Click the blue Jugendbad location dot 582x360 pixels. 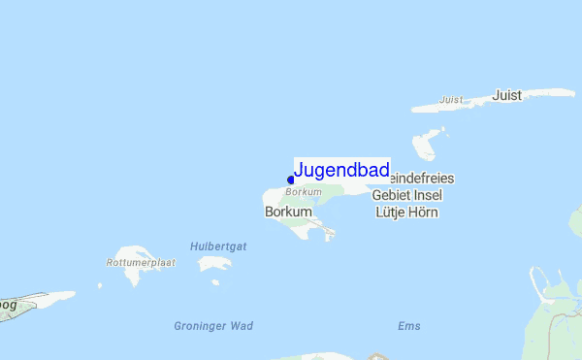(291, 179)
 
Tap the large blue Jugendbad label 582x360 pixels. (341, 171)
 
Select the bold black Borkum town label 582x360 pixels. (288, 211)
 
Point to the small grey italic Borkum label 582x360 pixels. (303, 192)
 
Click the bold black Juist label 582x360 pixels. (506, 95)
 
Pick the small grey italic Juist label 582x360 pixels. (450, 100)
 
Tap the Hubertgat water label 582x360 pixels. (218, 246)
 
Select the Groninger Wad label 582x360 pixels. (213, 326)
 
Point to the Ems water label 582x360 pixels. (409, 326)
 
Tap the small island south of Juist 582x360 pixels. (425, 146)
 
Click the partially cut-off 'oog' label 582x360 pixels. (8, 304)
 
